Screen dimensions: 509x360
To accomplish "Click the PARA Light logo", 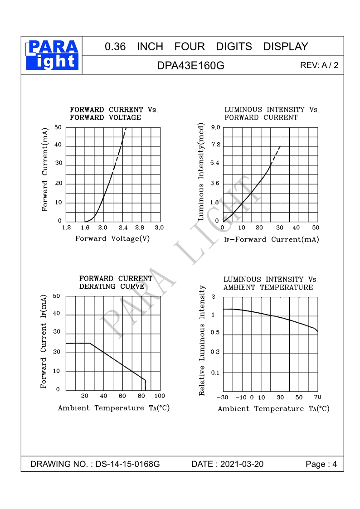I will pos(52,55).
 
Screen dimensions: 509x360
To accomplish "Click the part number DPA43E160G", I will pos(190,65).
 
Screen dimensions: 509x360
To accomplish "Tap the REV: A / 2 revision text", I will pos(319,65).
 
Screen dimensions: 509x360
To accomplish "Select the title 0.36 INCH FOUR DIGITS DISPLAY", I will pos(206,46).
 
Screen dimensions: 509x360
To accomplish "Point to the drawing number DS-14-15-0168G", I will pos(128,464).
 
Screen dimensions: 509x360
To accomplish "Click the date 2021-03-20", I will pos(241,464).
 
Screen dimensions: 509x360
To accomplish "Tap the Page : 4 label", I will pos(321,464).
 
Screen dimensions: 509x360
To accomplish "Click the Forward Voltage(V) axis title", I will pos(112,238).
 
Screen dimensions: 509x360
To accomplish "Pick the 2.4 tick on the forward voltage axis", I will pos(122,227).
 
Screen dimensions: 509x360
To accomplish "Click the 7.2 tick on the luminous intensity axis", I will pos(215,145).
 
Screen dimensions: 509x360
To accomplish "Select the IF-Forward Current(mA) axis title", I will pos(271,239).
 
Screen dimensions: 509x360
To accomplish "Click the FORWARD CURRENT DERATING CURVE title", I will pos(116,282).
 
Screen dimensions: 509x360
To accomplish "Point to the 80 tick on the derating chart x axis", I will pos(141,396).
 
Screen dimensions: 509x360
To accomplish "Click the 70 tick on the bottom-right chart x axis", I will pos(317,397).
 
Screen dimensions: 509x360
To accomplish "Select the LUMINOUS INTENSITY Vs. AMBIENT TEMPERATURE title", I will pos(270,283).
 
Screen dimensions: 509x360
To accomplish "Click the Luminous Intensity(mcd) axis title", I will pos(201,172).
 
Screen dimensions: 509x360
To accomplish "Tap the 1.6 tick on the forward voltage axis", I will pos(85,227).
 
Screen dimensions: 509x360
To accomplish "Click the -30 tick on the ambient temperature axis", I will pos(223,398).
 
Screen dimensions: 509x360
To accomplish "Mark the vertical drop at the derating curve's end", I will pos(145,385).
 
